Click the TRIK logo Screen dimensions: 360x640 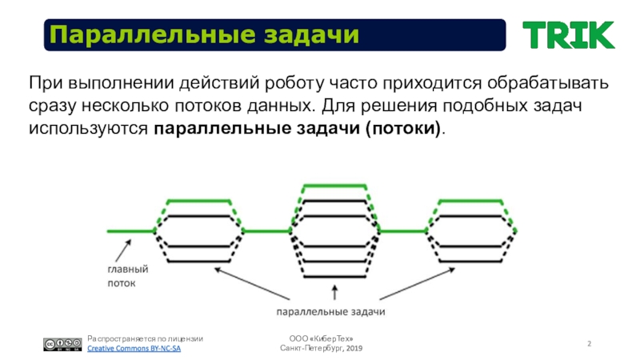tap(568, 34)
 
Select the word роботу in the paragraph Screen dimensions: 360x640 tap(295, 83)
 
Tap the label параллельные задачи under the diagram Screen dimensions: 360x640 tap(330, 310)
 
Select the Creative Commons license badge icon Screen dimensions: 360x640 tap(62, 344)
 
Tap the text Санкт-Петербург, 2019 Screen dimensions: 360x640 tap(321, 350)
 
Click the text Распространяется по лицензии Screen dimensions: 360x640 tap(145, 339)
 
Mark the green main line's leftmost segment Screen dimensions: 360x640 tap(130, 231)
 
